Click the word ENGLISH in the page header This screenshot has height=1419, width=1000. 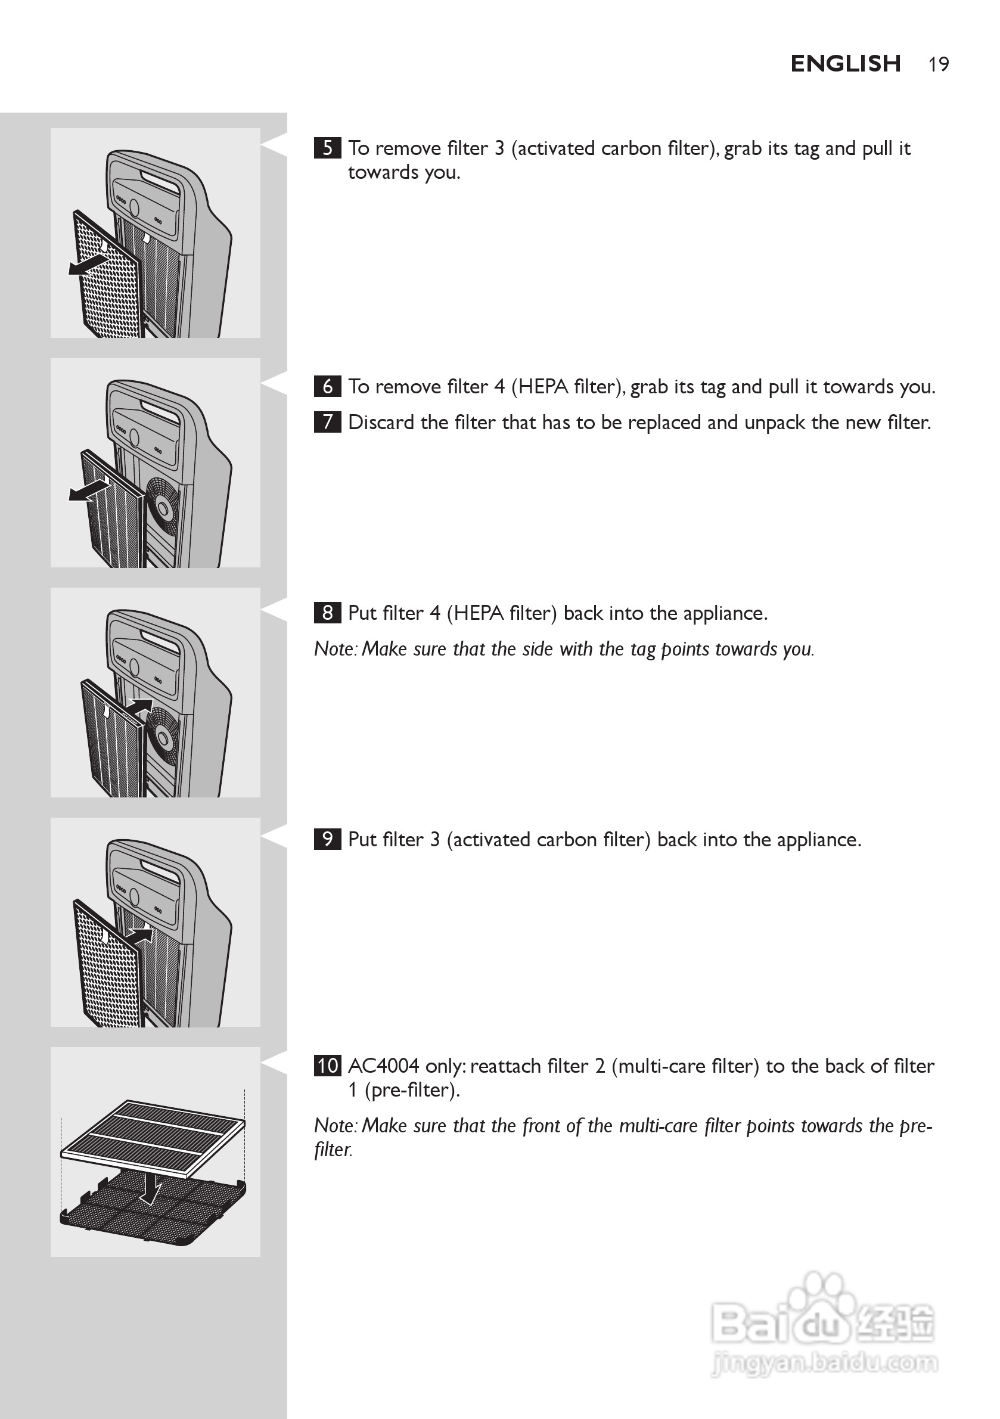click(845, 64)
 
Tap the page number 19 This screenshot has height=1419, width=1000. click(938, 64)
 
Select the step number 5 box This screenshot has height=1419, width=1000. click(328, 148)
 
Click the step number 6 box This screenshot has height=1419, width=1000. click(328, 386)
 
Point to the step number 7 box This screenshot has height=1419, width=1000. click(328, 422)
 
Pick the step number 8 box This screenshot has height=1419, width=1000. click(328, 613)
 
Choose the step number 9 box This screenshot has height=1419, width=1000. click(328, 839)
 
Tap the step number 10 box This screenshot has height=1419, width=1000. click(328, 1066)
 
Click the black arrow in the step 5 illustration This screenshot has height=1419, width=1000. click(88, 265)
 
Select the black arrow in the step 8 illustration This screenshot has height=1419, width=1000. click(140, 706)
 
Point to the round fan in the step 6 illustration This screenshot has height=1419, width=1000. click(163, 508)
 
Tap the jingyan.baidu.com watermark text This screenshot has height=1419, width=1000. click(824, 1362)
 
